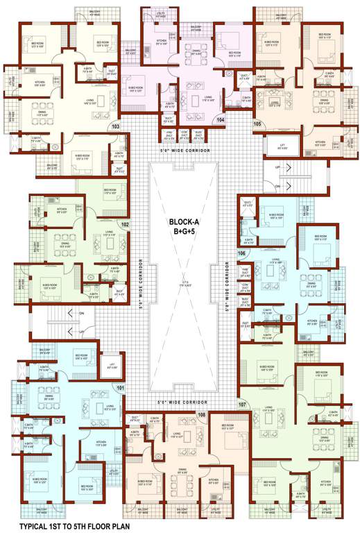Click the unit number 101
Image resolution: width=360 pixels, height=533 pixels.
120,387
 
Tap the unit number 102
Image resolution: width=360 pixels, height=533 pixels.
125,224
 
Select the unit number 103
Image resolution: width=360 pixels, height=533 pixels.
115,126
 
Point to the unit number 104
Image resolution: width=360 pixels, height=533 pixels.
221,120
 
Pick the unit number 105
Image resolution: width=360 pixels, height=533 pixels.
257,124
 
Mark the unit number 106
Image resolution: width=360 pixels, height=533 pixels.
242,253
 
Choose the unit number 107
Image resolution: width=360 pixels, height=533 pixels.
242,403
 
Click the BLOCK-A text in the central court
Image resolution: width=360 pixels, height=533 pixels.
185,222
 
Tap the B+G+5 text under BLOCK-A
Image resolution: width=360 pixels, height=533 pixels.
185,234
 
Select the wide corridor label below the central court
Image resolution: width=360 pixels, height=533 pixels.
183,402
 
